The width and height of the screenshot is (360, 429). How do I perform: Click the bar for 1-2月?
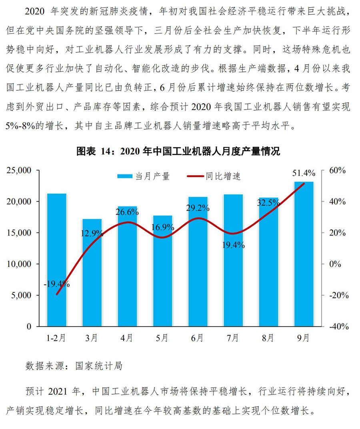point(56,260)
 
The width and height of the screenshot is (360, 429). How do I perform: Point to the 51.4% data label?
point(304,173)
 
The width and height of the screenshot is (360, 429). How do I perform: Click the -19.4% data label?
point(57,284)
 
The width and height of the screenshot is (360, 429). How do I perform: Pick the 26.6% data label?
point(127,212)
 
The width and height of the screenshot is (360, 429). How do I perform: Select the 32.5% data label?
point(268,203)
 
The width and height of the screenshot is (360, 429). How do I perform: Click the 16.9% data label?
point(162,227)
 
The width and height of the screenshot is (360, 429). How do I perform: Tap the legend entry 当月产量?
point(143,176)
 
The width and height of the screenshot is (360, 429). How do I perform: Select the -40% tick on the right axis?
point(336,327)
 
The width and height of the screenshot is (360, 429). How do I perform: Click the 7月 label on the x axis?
point(233,338)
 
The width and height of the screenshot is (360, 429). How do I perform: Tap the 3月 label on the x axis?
point(92,338)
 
